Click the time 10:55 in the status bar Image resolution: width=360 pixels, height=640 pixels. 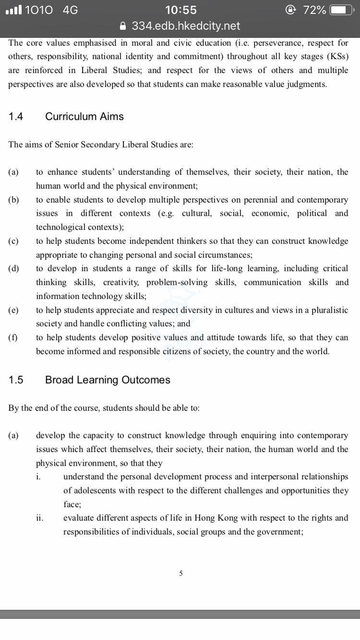click(x=180, y=10)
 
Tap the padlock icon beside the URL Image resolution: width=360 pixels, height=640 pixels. click(x=124, y=26)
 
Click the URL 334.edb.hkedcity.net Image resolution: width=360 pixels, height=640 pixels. click(x=186, y=26)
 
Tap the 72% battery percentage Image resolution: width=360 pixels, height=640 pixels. click(x=315, y=10)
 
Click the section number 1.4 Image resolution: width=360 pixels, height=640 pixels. click(x=16, y=117)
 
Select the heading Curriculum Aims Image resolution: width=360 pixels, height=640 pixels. click(x=84, y=117)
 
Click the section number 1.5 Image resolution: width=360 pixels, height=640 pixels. click(x=16, y=380)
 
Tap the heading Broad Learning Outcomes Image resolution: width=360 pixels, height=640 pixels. click(x=108, y=380)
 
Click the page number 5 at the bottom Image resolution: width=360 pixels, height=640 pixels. click(x=180, y=573)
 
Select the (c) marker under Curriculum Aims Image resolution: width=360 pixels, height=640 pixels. click(x=13, y=241)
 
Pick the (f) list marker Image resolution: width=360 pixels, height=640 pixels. click(x=13, y=338)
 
